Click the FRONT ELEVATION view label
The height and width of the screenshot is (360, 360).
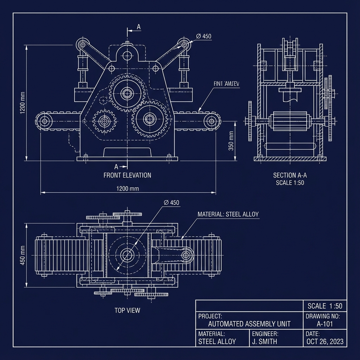127,175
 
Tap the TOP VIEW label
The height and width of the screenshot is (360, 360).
127,310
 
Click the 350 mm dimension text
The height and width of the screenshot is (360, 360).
231,141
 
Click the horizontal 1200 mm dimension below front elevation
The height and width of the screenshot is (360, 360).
127,188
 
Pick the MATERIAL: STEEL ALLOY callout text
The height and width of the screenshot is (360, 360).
228,214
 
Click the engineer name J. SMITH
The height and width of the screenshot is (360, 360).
265,341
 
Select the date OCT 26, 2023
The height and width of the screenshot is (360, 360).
325,341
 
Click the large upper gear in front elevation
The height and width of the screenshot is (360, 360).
127,94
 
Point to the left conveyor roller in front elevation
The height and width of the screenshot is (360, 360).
44,122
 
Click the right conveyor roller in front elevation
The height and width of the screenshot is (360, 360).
211,121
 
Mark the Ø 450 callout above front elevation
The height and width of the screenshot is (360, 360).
204,36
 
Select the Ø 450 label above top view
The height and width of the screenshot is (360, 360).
172,202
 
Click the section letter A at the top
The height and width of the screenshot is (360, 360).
139,27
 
